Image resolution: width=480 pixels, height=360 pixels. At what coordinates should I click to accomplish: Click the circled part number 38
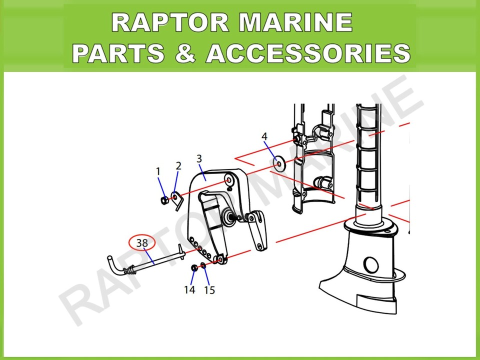pyautogui.click(x=142, y=243)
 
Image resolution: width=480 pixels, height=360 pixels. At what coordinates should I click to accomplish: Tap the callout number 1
pyautogui.click(x=158, y=171)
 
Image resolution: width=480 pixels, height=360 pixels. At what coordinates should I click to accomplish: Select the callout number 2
pyautogui.click(x=179, y=166)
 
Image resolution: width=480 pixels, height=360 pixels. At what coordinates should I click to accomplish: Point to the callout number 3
pyautogui.click(x=199, y=159)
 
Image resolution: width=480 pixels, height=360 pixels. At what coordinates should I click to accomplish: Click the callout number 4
pyautogui.click(x=264, y=136)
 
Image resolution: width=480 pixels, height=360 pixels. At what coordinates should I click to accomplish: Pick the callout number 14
pyautogui.click(x=189, y=289)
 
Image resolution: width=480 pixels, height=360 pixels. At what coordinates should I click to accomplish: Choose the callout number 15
pyautogui.click(x=209, y=290)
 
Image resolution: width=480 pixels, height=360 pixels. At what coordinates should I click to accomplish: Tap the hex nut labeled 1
pyautogui.click(x=164, y=200)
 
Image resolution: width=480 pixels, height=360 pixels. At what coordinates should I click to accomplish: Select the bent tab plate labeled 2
pyautogui.click(x=177, y=200)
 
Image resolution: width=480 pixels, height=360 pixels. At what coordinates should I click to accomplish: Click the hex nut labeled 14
pyautogui.click(x=194, y=268)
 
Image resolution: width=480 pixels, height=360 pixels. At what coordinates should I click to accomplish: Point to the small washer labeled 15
pyautogui.click(x=203, y=265)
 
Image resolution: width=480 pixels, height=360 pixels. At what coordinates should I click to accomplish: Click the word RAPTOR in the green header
pyautogui.click(x=170, y=22)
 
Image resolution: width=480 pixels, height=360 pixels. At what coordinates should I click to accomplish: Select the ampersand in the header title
pyautogui.click(x=185, y=52)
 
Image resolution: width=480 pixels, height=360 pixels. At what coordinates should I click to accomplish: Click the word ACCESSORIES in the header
pyautogui.click(x=308, y=52)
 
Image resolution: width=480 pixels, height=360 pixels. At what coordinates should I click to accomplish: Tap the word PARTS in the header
pyautogui.click(x=118, y=52)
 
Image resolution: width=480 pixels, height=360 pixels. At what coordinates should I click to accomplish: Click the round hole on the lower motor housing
pyautogui.click(x=370, y=265)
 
